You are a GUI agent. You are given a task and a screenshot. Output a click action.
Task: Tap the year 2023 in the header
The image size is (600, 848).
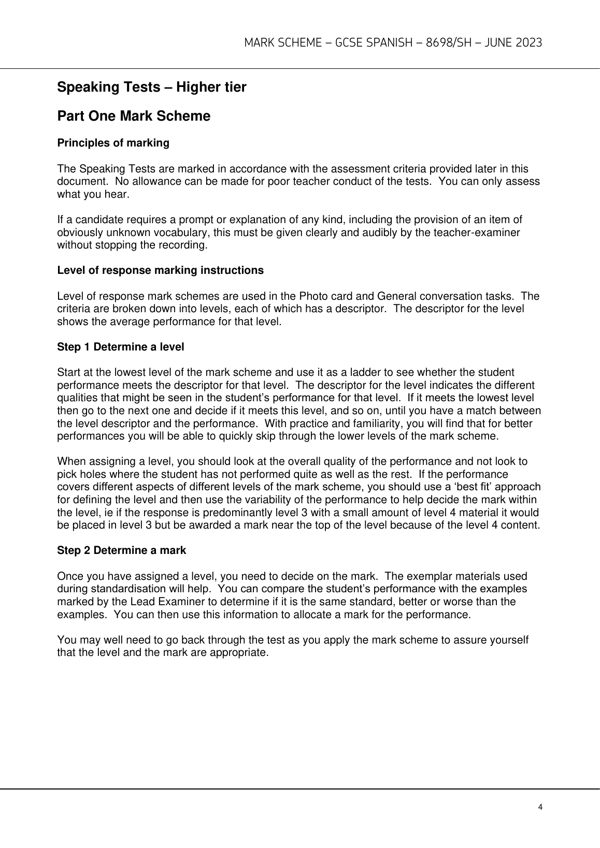(528, 42)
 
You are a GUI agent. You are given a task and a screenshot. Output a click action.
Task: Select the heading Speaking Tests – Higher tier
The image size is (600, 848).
(151, 87)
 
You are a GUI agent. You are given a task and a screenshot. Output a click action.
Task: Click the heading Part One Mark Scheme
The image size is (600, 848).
(134, 116)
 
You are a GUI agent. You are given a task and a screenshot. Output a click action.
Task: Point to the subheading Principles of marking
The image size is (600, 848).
(113, 143)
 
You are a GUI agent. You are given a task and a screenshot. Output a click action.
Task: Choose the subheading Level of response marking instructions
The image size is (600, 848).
(160, 270)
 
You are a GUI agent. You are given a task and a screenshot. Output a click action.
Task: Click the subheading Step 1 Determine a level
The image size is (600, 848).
(120, 347)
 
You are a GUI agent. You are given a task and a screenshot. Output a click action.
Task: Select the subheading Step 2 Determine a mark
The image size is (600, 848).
(121, 550)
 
